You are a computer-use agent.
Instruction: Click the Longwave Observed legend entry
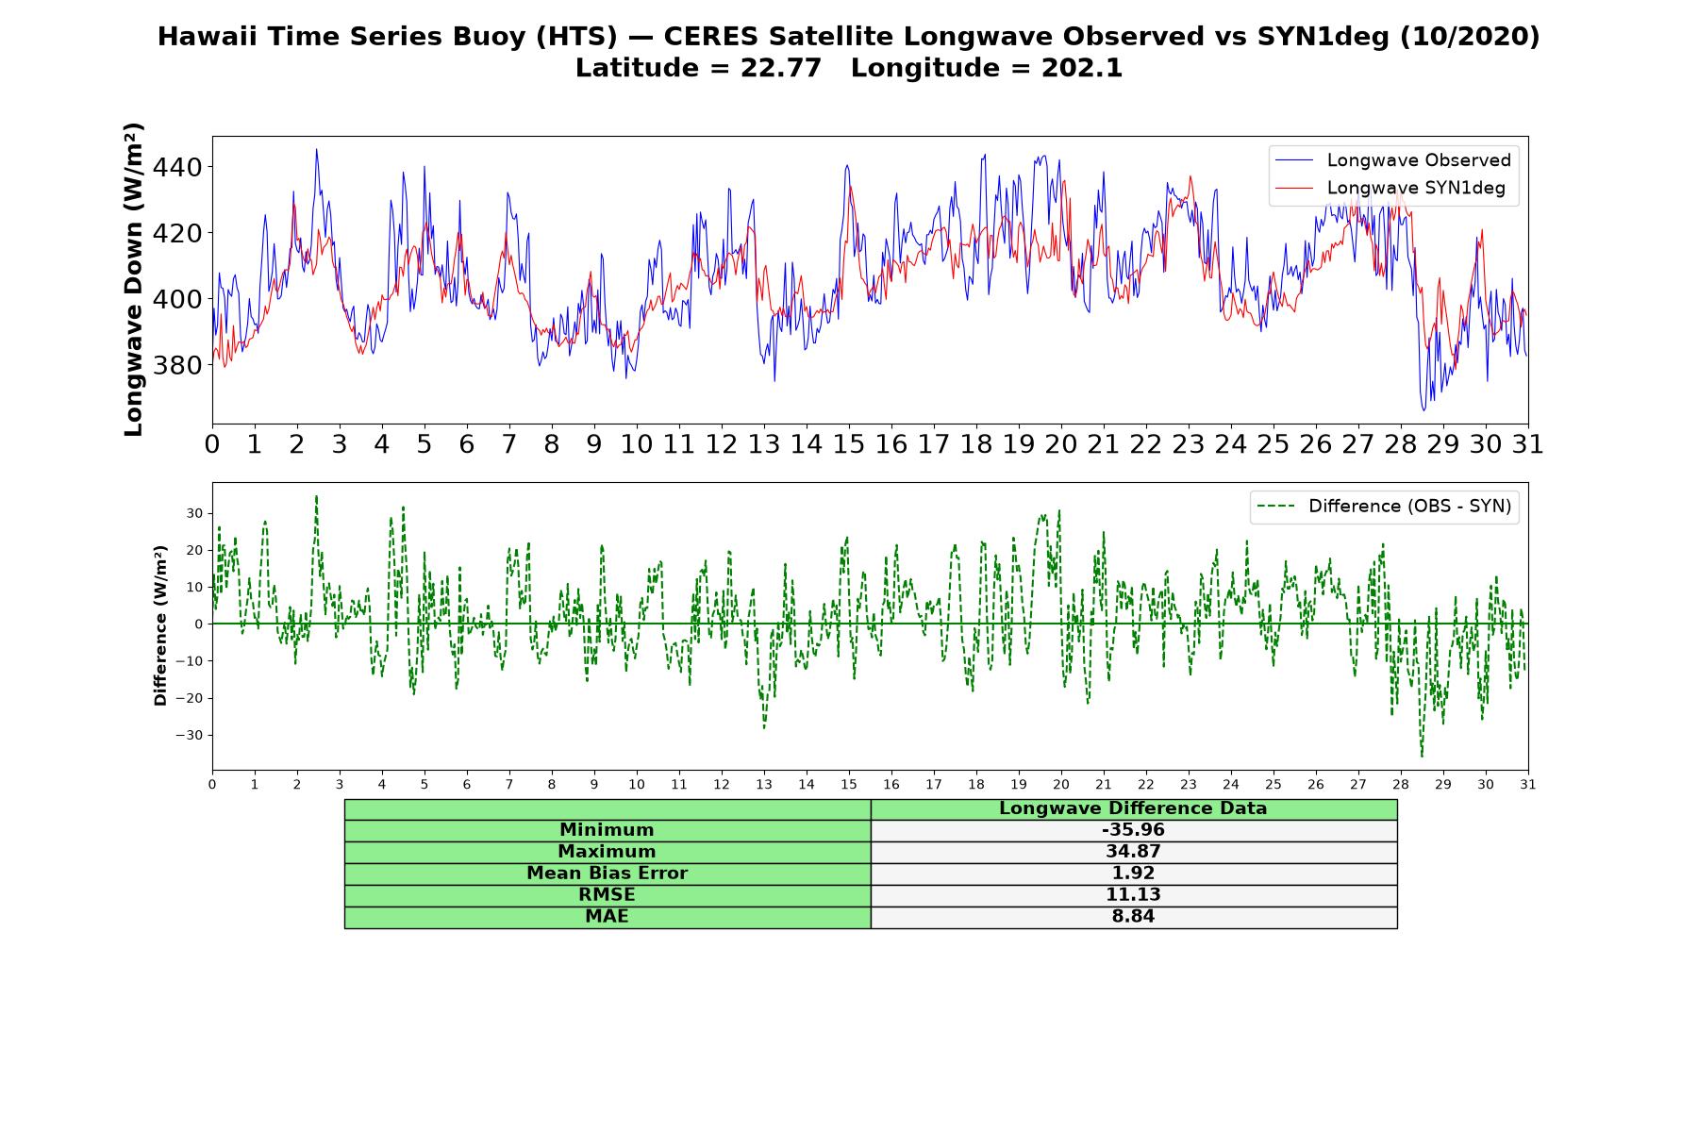[1392, 160]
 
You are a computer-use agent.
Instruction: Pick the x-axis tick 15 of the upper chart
[849, 444]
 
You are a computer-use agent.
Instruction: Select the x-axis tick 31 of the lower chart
[1528, 784]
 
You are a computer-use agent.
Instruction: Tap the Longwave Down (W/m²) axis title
[133, 279]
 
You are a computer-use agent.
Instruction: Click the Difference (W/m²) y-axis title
[160, 625]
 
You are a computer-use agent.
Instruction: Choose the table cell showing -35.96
[1133, 830]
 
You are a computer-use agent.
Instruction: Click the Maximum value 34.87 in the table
[1133, 852]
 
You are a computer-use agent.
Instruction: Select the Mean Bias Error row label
[607, 874]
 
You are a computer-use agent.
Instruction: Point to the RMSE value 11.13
[1133, 895]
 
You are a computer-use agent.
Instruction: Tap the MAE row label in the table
[607, 917]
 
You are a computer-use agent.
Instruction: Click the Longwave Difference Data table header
[1133, 808]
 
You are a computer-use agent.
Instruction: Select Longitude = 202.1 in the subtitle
[987, 68]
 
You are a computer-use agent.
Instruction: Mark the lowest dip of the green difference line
[1422, 756]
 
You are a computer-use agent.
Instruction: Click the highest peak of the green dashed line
[316, 496]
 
